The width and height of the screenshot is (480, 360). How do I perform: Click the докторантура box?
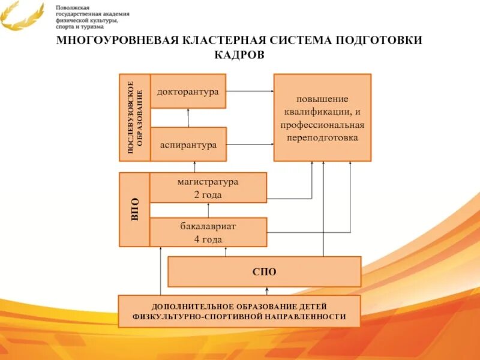point(188,91)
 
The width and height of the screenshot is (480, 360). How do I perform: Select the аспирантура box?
point(188,145)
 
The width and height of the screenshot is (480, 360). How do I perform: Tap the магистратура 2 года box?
point(208,188)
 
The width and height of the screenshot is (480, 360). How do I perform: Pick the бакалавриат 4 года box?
point(208,232)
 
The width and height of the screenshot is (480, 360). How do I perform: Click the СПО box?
point(264,272)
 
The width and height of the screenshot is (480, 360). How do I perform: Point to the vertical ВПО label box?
point(134,209)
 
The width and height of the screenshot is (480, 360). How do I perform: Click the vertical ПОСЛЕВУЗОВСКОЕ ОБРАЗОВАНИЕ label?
point(134,118)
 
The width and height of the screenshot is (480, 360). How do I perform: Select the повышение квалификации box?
point(322,118)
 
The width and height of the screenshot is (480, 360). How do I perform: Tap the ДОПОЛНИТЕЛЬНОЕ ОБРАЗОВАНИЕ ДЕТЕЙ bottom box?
point(239,311)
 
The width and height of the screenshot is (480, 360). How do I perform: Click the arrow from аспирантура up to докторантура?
point(188,118)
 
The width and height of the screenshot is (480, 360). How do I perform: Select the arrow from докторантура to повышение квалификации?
point(250,91)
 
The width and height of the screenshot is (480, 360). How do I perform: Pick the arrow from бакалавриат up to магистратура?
point(208,210)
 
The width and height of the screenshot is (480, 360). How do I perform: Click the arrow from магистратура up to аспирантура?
point(194,167)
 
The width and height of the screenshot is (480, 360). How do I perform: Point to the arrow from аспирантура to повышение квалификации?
point(250,145)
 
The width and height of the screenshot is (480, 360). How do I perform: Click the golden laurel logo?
point(22,15)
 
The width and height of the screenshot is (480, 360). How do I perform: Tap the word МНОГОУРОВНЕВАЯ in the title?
point(114,40)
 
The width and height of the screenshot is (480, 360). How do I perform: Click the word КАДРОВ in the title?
point(239,55)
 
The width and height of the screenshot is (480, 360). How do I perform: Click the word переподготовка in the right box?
point(322,137)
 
